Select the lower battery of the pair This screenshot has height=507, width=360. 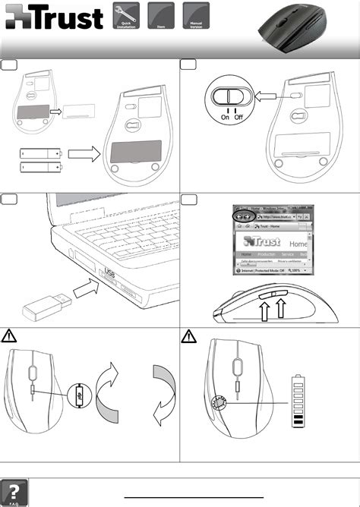click(41, 165)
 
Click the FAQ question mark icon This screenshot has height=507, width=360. click(15, 491)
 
